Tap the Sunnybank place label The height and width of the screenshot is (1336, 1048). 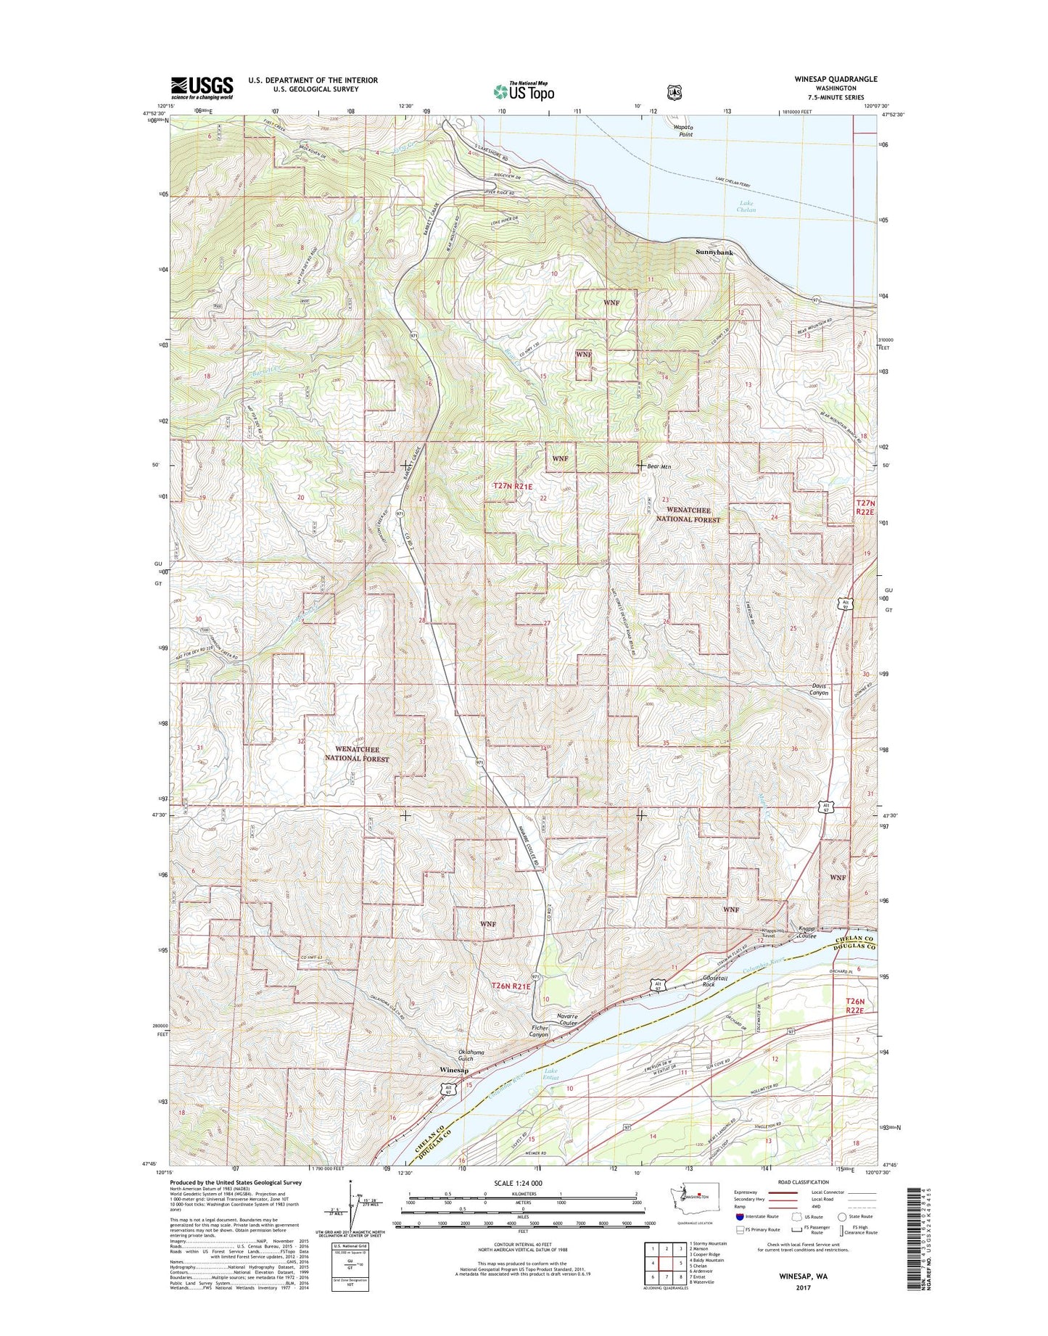tap(714, 252)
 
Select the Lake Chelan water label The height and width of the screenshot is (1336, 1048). tap(747, 207)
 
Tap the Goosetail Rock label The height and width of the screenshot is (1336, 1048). tap(699, 981)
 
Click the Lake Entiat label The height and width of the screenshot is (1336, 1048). tap(553, 1075)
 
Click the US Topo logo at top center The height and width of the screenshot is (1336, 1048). tap(524, 91)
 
